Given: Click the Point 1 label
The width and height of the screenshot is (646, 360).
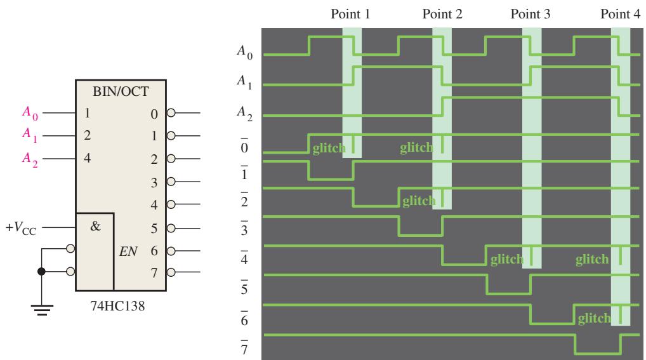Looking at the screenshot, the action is pyautogui.click(x=350, y=14).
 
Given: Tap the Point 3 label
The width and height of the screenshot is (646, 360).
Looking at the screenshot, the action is pyautogui.click(x=531, y=14).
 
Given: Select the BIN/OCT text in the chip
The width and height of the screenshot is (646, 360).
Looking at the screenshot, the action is pyautogui.click(x=121, y=91).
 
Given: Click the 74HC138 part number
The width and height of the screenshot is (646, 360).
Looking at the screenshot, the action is pyautogui.click(x=118, y=306).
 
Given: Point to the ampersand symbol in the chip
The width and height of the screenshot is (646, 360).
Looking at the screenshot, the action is pyautogui.click(x=95, y=226).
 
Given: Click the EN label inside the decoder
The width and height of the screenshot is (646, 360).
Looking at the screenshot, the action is pyautogui.click(x=128, y=251).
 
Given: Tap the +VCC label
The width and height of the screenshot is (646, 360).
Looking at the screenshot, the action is pyautogui.click(x=21, y=228).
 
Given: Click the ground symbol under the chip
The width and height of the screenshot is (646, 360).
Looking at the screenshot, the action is pyautogui.click(x=42, y=310).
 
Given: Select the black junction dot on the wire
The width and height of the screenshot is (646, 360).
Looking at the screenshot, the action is pyautogui.click(x=42, y=271).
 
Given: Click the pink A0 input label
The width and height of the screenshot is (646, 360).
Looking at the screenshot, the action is pyautogui.click(x=30, y=113).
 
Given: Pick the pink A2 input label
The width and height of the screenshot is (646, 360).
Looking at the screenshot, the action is pyautogui.click(x=30, y=159).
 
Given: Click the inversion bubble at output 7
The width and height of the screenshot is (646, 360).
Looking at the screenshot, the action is pyautogui.click(x=171, y=272).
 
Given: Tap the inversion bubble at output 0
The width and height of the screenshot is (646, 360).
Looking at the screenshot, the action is pyautogui.click(x=171, y=112).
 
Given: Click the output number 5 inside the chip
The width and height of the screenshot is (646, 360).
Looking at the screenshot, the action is pyautogui.click(x=154, y=229).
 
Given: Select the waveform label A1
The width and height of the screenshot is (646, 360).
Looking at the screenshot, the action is pyautogui.click(x=244, y=81).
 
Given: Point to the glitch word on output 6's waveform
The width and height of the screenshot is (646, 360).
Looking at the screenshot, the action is pyautogui.click(x=594, y=318).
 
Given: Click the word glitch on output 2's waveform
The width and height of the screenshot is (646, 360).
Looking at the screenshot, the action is pyautogui.click(x=419, y=201).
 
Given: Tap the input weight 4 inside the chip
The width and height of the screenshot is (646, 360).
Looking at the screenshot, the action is pyautogui.click(x=88, y=158).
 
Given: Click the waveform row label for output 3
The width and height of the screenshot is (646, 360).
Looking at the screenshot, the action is pyautogui.click(x=244, y=229).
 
